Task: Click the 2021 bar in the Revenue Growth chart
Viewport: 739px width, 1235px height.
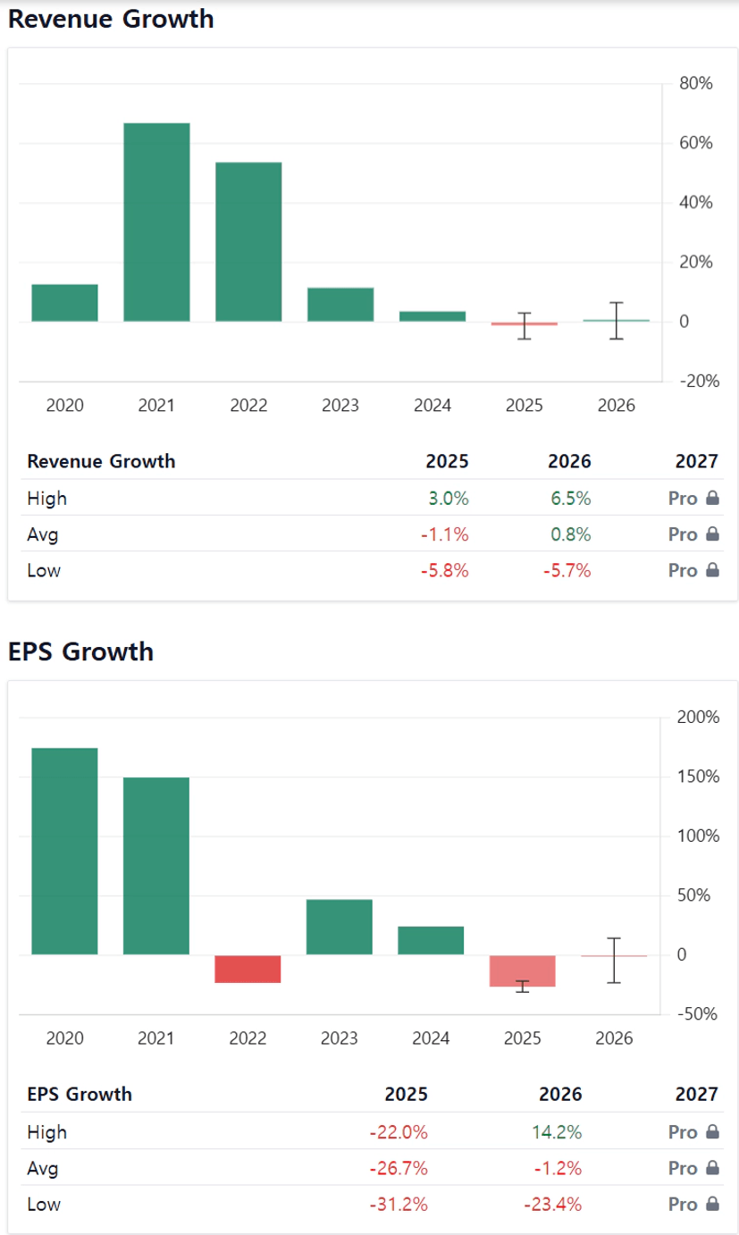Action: (156, 222)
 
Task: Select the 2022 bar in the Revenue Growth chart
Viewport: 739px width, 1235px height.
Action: (248, 241)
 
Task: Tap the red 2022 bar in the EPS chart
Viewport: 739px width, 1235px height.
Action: (248, 969)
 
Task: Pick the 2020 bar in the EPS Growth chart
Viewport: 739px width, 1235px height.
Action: (64, 851)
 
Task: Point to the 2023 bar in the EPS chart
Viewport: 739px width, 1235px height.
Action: (340, 927)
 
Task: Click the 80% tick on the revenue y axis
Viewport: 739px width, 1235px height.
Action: (695, 84)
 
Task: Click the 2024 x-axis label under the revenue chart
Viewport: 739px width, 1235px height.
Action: (432, 406)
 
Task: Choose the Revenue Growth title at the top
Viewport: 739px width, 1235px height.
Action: (111, 20)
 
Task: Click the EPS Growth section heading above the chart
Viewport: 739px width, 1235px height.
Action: (80, 651)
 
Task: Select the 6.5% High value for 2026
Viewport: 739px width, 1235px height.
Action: (571, 498)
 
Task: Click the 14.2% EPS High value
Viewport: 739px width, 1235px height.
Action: (562, 1132)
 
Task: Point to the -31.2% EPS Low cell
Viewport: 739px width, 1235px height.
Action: (399, 1204)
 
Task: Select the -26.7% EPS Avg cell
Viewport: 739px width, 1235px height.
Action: (399, 1168)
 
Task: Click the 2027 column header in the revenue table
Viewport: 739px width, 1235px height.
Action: (698, 461)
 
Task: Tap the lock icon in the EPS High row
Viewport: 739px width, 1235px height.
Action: (713, 1132)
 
